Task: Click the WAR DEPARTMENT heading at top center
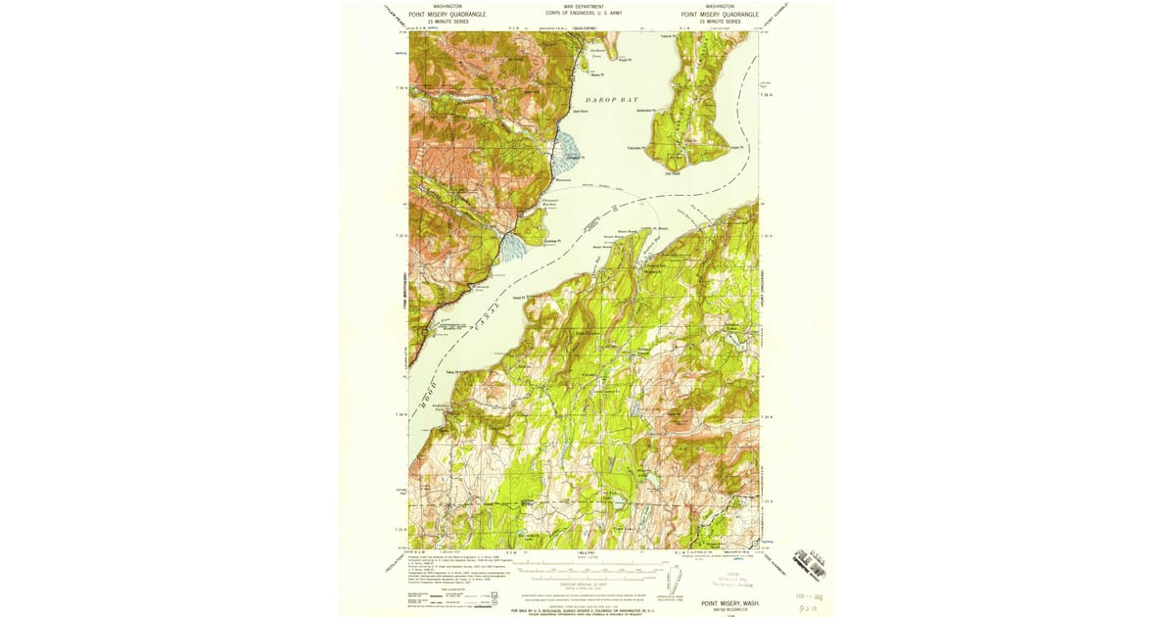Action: tap(584, 6)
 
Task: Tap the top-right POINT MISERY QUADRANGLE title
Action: tap(719, 15)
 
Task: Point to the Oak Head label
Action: tap(673, 174)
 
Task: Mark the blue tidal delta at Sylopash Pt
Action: tap(568, 152)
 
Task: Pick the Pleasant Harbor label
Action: tap(549, 204)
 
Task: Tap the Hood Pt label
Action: tap(520, 298)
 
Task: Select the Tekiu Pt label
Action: tap(451, 372)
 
